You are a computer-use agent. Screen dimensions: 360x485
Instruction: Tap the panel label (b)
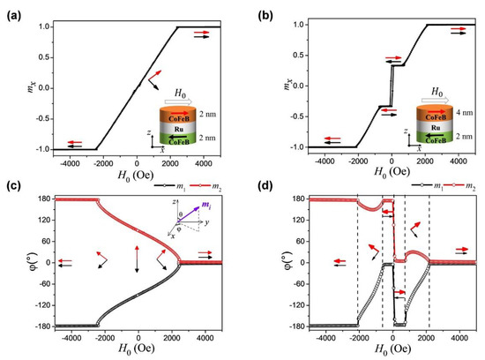pyautogui.click(x=257, y=9)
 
